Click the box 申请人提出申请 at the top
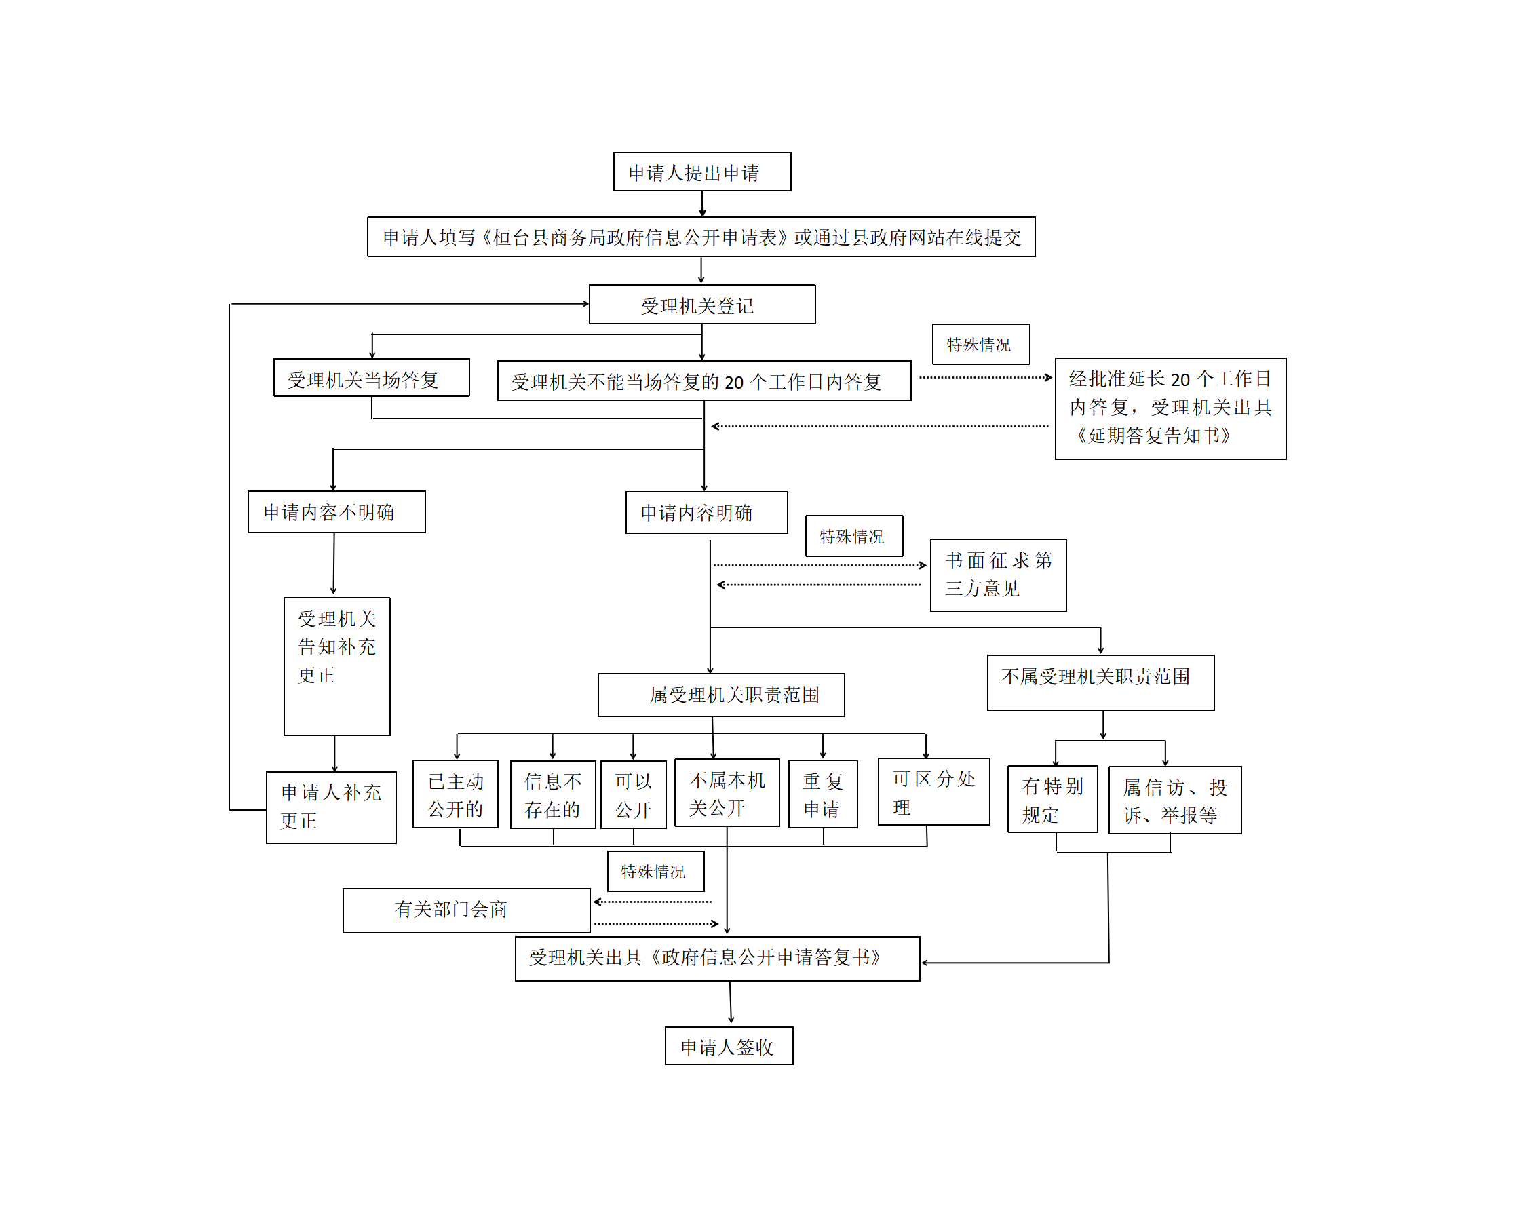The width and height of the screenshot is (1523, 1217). [x=701, y=172]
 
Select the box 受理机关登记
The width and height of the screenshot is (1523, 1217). [x=701, y=305]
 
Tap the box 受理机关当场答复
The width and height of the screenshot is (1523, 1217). [x=372, y=378]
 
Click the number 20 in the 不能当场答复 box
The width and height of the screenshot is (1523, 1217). [x=734, y=383]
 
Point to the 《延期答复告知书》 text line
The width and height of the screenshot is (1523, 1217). [x=1152, y=436]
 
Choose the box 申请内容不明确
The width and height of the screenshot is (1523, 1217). [x=336, y=512]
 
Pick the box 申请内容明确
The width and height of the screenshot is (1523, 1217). [x=706, y=513]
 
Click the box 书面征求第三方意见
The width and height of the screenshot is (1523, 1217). [x=998, y=575]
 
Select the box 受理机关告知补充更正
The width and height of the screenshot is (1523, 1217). [x=336, y=666]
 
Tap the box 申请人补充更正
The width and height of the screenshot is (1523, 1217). [x=330, y=807]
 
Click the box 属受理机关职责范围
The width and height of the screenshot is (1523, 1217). [x=720, y=695]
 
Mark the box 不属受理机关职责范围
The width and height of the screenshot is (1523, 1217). [x=1100, y=682]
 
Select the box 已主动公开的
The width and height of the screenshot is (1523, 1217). [x=456, y=794]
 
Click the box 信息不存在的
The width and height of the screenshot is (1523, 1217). [x=553, y=794]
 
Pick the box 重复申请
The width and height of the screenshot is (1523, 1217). [x=823, y=794]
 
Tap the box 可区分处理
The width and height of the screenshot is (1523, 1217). [x=934, y=792]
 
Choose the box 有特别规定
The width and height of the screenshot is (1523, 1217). [x=1053, y=799]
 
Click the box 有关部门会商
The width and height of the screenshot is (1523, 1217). [x=466, y=910]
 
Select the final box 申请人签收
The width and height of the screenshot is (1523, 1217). [x=729, y=1045]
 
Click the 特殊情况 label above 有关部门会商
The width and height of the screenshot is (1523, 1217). [x=655, y=871]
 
